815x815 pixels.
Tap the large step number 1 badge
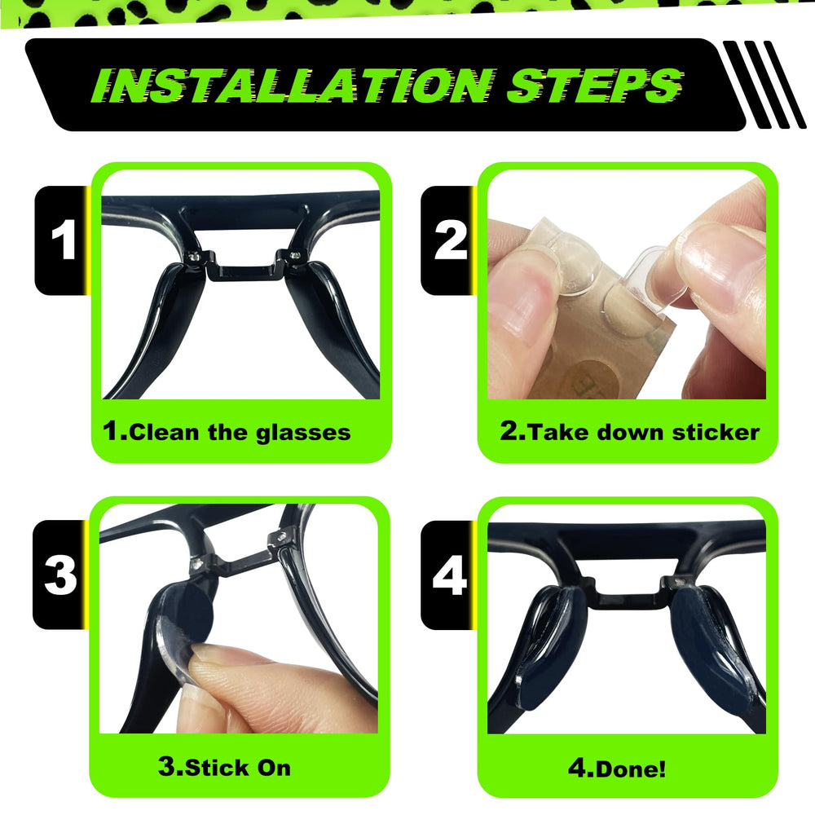pyautogui.click(x=62, y=240)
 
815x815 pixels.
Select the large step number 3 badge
pyautogui.click(x=60, y=575)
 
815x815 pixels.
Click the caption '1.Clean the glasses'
pyautogui.click(x=227, y=431)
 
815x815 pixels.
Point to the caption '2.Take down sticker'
pyautogui.click(x=629, y=431)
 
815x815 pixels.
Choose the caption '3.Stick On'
pyautogui.click(x=224, y=766)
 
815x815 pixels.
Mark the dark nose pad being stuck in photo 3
pyautogui.click(x=183, y=611)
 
